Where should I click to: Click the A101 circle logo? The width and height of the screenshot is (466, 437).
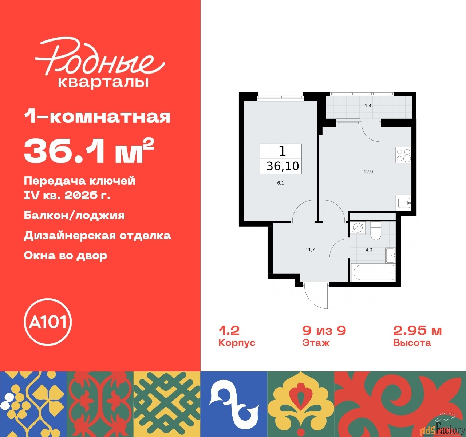coord(48,322)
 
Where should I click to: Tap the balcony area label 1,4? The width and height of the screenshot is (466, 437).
coord(368,106)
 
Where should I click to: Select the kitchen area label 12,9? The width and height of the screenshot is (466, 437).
coord(368,172)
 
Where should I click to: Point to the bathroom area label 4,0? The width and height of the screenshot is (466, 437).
coord(369,250)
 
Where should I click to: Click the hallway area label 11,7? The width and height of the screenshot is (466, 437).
coord(310,249)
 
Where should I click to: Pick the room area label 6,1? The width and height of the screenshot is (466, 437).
coord(280,183)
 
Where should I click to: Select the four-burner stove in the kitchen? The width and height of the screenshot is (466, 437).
coord(403,155)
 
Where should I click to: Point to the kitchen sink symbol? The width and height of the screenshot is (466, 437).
coord(404,202)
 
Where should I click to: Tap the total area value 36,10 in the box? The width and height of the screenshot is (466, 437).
coord(283,166)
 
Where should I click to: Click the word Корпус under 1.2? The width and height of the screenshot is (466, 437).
coord(237,343)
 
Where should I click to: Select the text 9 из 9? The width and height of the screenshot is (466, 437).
coord(324,331)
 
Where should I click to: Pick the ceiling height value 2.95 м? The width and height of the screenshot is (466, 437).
coord(417,331)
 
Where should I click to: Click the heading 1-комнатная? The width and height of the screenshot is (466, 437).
coord(97,117)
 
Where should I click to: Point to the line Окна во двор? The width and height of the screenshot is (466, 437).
coord(66,255)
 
